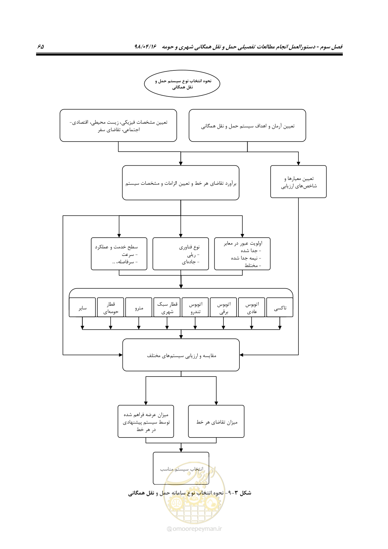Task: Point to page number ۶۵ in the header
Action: click(x=41, y=46)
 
